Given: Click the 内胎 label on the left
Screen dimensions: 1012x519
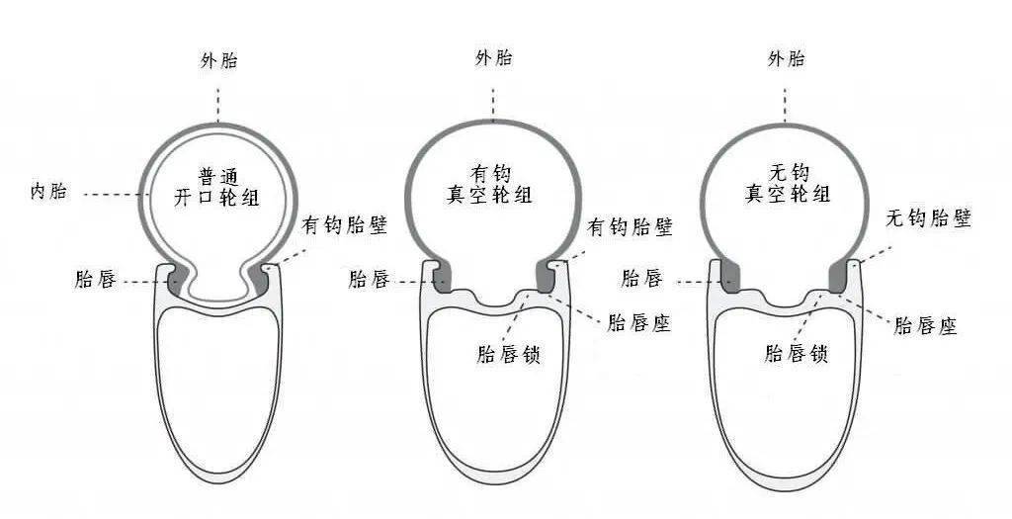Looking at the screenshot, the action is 49,192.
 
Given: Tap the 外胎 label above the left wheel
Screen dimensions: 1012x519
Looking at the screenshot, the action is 218,61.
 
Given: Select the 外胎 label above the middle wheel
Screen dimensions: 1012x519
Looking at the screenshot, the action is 494,59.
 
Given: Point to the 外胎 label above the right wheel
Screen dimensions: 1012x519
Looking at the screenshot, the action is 786,60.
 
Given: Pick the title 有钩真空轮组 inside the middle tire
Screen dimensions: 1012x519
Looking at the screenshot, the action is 490,184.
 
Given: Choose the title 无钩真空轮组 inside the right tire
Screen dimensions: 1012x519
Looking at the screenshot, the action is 788,184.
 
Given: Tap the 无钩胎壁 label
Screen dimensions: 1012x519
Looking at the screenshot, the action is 928,218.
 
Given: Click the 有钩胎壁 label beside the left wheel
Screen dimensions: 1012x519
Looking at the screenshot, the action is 345,225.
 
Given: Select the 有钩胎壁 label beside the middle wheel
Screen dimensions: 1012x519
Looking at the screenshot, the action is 631,226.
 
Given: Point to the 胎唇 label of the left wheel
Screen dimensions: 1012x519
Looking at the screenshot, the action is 96,280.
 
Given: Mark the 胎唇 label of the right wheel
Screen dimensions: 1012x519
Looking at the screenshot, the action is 641,279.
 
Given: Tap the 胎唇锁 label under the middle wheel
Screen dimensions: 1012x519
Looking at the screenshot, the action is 508,354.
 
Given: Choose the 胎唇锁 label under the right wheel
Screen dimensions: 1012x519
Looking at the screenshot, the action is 796,354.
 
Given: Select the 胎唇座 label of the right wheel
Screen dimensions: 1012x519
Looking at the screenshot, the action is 925,325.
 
